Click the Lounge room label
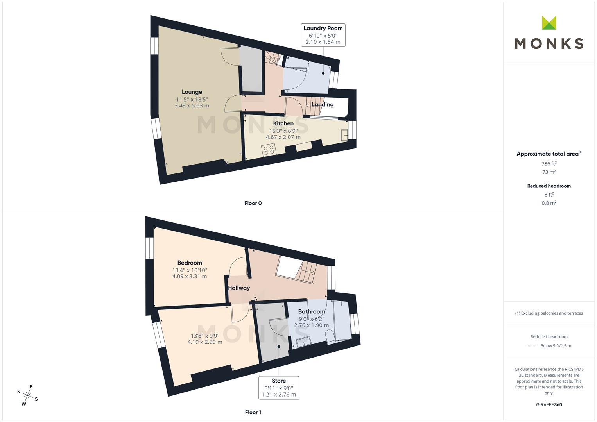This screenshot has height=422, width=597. click(192, 92)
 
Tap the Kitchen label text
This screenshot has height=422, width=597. click(283, 123)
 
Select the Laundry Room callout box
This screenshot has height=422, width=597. click(323, 35)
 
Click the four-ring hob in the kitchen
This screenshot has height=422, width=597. click(269, 149)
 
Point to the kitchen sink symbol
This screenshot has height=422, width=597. click(344, 135)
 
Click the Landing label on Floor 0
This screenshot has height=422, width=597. click(323, 104)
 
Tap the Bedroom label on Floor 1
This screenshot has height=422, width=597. click(190, 263)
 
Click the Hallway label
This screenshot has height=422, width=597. click(239, 288)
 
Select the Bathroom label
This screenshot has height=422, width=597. click(312, 311)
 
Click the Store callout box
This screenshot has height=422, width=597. click(279, 388)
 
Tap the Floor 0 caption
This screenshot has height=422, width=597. click(253, 203)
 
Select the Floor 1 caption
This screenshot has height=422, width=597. click(253, 412)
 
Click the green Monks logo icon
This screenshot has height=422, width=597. click(549, 23)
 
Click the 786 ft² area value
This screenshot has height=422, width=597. click(549, 164)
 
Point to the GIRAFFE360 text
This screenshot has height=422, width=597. click(549, 404)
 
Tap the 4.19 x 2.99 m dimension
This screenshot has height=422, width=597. click(205, 342)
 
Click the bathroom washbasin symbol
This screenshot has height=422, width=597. click(303, 342)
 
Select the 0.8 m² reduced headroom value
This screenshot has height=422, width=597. click(549, 203)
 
